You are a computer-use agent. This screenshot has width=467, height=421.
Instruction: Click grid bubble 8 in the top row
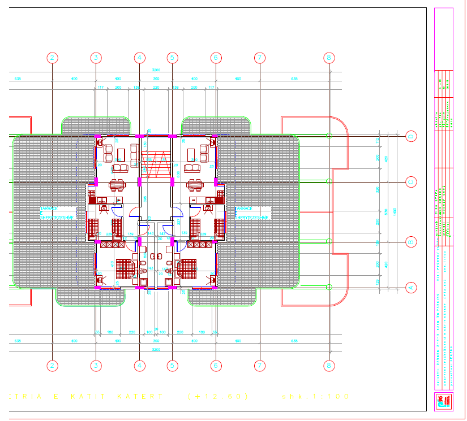coord(328,58)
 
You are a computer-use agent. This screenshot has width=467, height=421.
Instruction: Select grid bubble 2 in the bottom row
coord(53,366)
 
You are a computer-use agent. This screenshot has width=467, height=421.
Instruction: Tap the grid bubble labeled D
coord(412,136)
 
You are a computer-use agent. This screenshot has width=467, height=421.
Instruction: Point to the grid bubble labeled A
coord(412,288)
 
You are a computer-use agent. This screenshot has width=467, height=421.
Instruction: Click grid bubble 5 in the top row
coord(173,58)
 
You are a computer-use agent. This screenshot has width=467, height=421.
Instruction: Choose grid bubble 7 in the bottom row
coord(259,366)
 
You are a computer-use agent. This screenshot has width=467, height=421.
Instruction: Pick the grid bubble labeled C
coord(412,181)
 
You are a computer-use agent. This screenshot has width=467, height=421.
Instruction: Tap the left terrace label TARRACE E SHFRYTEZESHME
coord(57,212)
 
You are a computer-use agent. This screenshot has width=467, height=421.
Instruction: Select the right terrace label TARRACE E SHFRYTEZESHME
coord(252,212)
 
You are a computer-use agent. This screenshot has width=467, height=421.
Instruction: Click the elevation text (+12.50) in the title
coord(218,397)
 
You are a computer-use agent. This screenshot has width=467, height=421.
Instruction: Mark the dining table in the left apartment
coord(117,184)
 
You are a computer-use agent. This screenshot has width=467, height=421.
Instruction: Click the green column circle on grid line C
coord(329,181)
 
